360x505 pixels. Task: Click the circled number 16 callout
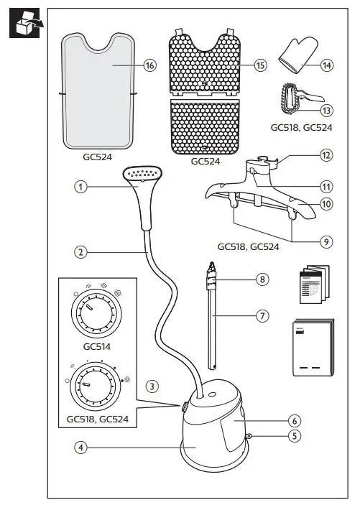149,65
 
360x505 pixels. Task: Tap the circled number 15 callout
260,65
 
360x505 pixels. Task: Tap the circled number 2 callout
82,252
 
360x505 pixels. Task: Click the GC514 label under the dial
95,346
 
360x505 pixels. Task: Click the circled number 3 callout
152,385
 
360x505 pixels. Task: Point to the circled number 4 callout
82,447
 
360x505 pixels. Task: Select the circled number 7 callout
263,315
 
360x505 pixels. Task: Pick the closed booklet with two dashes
311,348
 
